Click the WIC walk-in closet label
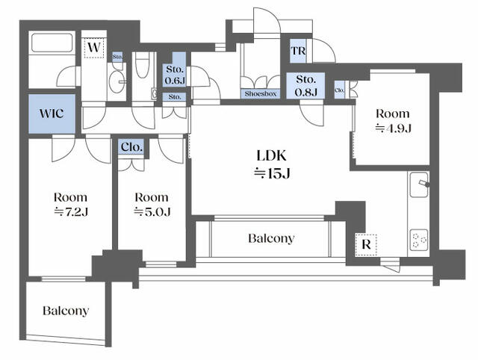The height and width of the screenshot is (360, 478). click(x=52, y=114)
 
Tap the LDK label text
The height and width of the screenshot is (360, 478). click(x=272, y=155)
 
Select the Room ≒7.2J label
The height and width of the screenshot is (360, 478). click(x=71, y=204)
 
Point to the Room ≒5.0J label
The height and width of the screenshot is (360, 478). click(x=152, y=204)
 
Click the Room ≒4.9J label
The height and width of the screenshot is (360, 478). click(x=393, y=121)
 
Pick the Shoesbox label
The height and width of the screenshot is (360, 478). click(x=261, y=93)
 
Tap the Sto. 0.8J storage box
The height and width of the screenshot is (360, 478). click(x=305, y=86)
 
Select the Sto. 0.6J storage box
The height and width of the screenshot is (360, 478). click(x=175, y=75)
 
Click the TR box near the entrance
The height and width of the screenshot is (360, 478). click(x=298, y=51)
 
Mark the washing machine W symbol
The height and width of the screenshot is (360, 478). click(x=94, y=48)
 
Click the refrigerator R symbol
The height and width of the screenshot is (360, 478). click(x=366, y=245)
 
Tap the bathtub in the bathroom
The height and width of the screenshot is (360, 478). click(x=52, y=43)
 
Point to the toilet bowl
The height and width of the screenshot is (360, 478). click(x=143, y=65)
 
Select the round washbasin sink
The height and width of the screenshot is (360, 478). click(x=117, y=81)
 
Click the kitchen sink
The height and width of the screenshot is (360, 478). click(x=419, y=184)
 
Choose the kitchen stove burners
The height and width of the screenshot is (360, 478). click(x=419, y=240)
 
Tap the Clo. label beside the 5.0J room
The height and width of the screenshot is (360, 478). click(x=131, y=147)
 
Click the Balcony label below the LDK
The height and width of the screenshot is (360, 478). click(x=271, y=238)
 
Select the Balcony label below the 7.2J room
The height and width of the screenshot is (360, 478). click(x=66, y=311)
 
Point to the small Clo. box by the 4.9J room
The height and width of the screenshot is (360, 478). click(x=340, y=90)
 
